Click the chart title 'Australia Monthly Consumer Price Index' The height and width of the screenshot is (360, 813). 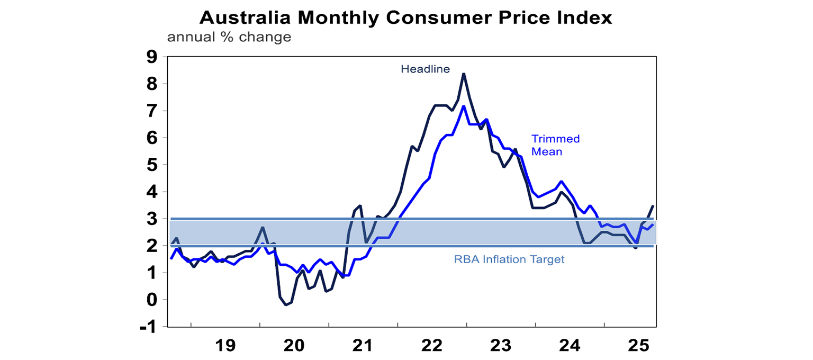[x=406, y=17]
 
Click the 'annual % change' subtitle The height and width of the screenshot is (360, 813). [x=229, y=38]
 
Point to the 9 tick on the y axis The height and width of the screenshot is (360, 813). [x=151, y=57]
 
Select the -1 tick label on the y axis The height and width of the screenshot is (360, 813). [x=148, y=327]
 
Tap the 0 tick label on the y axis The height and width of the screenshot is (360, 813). [x=151, y=300]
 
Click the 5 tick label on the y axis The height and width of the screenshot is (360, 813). [x=151, y=165]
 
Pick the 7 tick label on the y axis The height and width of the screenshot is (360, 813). [x=151, y=111]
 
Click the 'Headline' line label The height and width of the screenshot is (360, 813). [x=425, y=69]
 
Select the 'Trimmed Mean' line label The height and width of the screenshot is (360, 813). [x=555, y=145]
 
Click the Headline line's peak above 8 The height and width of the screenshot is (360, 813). [x=464, y=74]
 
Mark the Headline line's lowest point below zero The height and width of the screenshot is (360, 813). [x=286, y=305]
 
